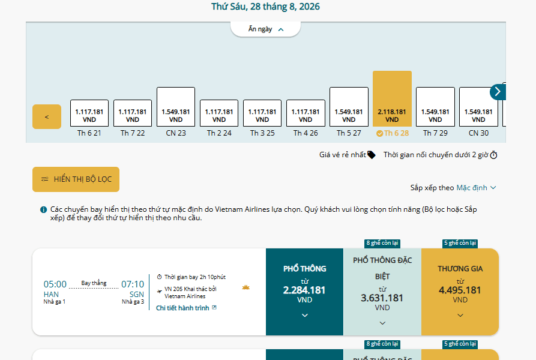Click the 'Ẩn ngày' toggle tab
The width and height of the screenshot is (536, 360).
(266, 29)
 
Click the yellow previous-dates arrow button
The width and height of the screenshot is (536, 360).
(47, 117)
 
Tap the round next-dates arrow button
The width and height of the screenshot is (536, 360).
(498, 92)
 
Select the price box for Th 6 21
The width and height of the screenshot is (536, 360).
(89, 113)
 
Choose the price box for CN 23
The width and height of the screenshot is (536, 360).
(176, 107)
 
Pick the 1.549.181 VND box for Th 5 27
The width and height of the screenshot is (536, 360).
(349, 107)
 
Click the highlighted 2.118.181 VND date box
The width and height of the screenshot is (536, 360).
(392, 99)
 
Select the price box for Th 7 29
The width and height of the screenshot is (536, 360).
(435, 107)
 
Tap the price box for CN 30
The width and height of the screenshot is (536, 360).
(478, 107)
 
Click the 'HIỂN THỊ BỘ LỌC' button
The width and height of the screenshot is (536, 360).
(76, 179)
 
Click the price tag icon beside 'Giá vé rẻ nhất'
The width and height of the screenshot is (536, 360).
(371, 155)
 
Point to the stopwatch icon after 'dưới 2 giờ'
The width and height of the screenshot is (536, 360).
(493, 155)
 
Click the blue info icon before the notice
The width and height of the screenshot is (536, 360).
(43, 209)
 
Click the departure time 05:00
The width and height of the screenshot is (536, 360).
(55, 284)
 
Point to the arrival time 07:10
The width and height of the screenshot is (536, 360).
(133, 284)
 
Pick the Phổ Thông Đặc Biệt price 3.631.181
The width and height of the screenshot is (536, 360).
(382, 298)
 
